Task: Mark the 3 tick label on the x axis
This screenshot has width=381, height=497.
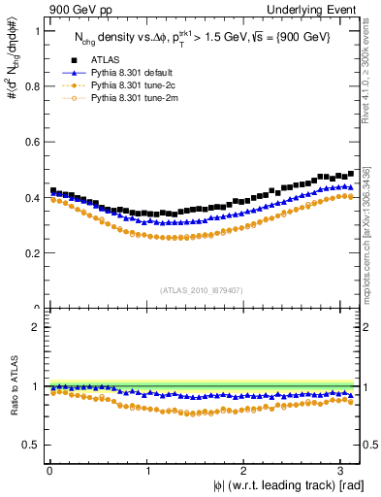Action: click(343, 471)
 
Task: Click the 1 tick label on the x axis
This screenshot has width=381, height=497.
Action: click(147, 471)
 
